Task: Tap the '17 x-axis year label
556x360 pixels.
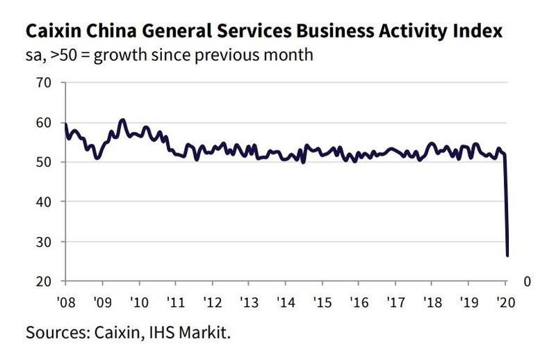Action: click(x=394, y=303)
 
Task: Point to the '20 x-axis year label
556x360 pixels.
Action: click(x=503, y=303)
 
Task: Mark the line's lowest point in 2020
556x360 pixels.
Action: click(x=507, y=256)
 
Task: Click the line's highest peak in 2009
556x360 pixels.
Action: click(x=122, y=120)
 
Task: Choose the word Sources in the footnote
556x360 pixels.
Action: click(x=55, y=332)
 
